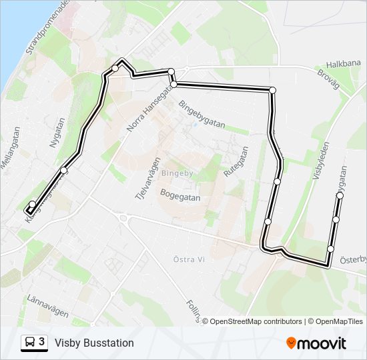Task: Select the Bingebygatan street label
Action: (x=202, y=114)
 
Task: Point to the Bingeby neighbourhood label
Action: (x=177, y=173)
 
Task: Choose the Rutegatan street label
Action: (x=232, y=161)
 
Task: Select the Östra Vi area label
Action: (x=188, y=259)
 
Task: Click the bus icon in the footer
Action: (x=30, y=343)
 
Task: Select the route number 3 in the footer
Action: (x=42, y=342)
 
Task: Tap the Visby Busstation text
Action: (x=94, y=343)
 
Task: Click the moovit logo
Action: (x=316, y=343)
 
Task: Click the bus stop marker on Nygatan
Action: (x=64, y=171)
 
